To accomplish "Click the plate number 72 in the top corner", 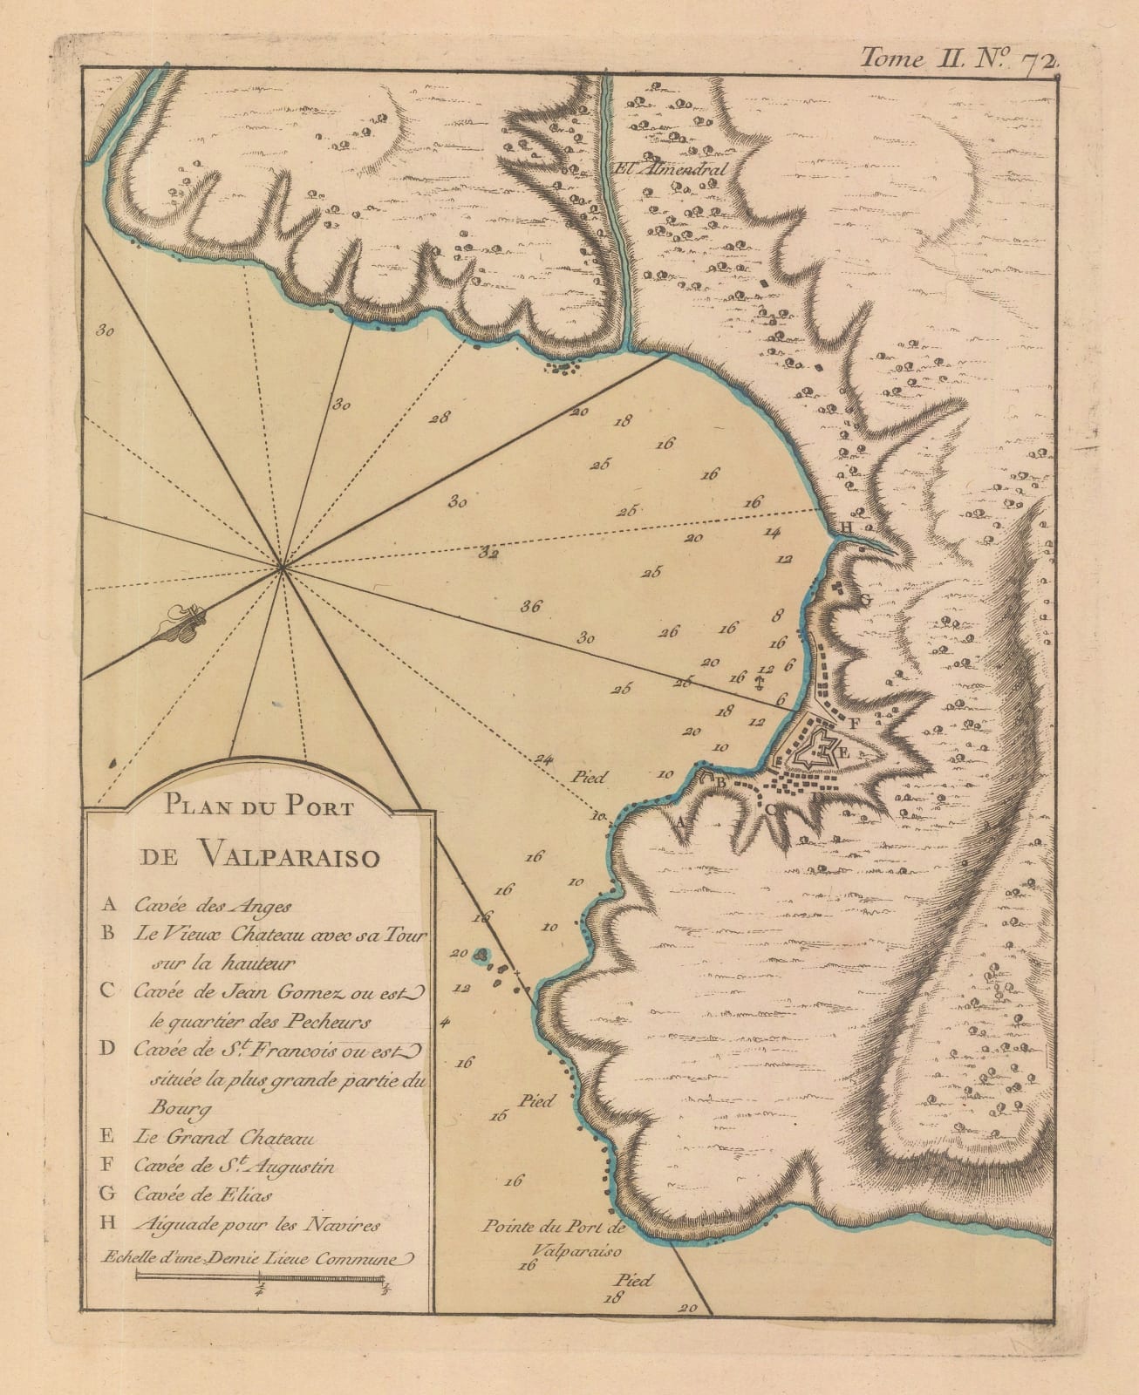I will point(1040,59).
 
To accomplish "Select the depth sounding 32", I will point(489,552).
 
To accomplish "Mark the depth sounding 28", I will point(440,417).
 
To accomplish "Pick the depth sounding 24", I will point(546,758).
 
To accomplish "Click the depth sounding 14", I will point(772,531).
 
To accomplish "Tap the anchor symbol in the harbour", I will point(758,681).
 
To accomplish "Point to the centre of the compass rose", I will point(282,568).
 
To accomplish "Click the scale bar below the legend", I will point(261,1279).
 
